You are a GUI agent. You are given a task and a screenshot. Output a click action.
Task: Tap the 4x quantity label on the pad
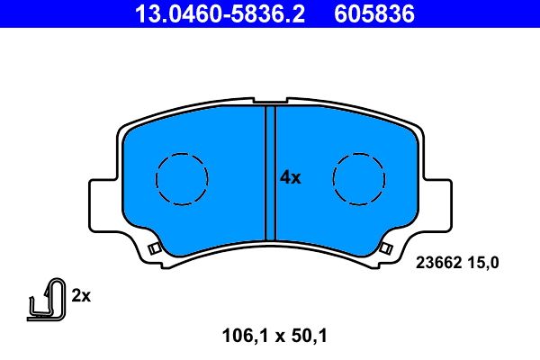point(290,177)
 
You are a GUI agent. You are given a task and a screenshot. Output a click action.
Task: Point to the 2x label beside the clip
point(81,295)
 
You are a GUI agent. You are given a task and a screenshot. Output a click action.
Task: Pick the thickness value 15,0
point(481,263)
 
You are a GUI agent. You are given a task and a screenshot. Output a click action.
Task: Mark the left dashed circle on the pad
point(183,177)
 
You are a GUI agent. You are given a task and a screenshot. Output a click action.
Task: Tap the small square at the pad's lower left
point(153,247)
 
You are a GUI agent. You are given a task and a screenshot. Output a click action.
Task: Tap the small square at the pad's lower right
point(387,247)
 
